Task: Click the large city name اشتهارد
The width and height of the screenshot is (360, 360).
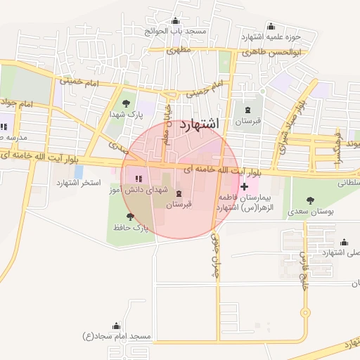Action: click(x=200, y=124)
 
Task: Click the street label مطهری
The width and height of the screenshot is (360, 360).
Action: click(x=180, y=51)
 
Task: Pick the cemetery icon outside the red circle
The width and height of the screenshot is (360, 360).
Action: click(x=247, y=109)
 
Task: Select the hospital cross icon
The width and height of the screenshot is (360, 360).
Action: click(x=244, y=186)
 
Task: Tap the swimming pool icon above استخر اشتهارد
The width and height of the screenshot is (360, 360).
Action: click(x=78, y=171)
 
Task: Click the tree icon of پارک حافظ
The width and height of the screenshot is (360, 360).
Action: click(x=129, y=217)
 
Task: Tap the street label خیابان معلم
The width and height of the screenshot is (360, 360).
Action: click(x=167, y=131)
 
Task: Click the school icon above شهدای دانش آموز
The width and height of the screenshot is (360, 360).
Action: click(x=138, y=179)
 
